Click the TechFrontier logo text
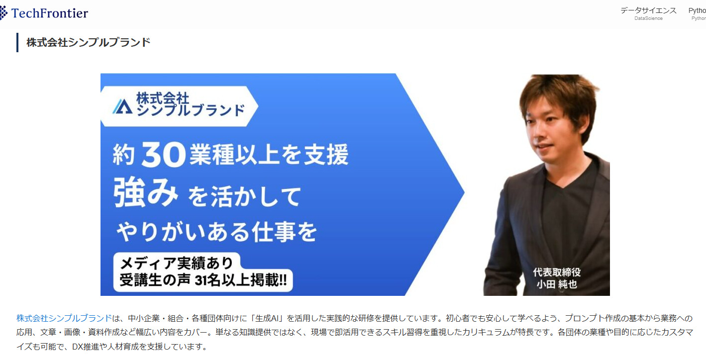pyautogui.click(x=49, y=13)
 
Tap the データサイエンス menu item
pyautogui.click(x=648, y=11)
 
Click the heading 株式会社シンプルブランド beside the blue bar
pyautogui.click(x=88, y=43)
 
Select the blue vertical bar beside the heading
pyautogui.click(x=17, y=43)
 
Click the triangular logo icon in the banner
pyautogui.click(x=122, y=106)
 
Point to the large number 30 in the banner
pyautogui.click(x=163, y=154)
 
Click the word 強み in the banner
pyautogui.click(x=146, y=192)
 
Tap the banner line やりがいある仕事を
pyautogui.click(x=217, y=232)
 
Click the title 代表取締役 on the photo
pyautogui.click(x=557, y=272)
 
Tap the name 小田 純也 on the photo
pyautogui.click(x=557, y=284)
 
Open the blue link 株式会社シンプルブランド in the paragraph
pyautogui.click(x=64, y=318)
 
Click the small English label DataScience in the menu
pyautogui.click(x=648, y=18)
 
